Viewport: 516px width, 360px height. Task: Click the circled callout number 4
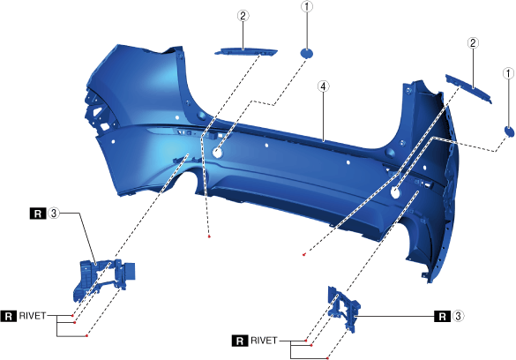tap(323, 86)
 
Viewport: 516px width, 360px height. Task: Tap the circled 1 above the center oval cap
tap(307, 6)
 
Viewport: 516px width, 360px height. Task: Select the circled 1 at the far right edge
tap(508, 73)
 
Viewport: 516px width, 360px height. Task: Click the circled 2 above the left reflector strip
tap(243, 16)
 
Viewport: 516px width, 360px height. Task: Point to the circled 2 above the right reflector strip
tap(473, 42)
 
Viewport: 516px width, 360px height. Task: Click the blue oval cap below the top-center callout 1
tap(306, 53)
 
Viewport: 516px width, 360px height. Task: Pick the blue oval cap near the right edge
tap(509, 131)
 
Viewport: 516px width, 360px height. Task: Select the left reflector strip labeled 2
tap(246, 52)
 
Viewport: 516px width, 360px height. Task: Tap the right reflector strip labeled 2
tap(468, 88)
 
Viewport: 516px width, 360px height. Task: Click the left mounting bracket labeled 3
tap(102, 280)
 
